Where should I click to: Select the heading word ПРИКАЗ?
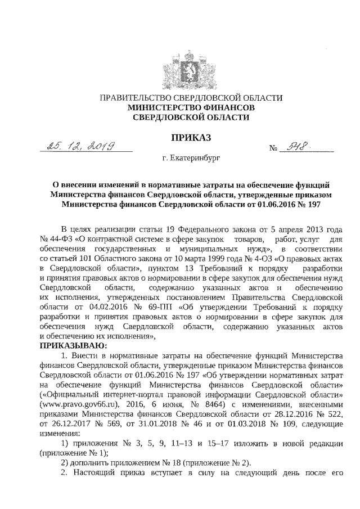[190, 137]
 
